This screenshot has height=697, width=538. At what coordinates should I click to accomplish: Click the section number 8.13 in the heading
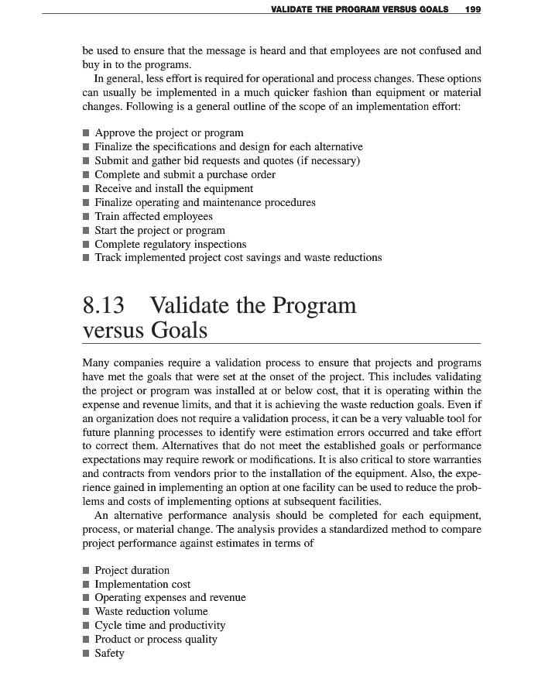(x=104, y=306)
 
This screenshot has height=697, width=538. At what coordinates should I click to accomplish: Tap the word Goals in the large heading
(x=179, y=331)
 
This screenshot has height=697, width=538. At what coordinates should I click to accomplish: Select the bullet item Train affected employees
(x=153, y=216)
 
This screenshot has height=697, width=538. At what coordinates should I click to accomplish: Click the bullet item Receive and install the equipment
(x=173, y=188)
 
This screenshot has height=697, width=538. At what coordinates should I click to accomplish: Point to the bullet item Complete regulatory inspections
(x=170, y=244)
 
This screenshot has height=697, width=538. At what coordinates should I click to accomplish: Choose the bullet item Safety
(x=109, y=653)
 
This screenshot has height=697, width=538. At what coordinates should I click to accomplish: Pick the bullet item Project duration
(x=132, y=570)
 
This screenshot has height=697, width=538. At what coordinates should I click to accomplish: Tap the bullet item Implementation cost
(x=142, y=584)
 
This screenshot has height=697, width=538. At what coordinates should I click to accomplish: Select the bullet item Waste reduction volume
(x=151, y=612)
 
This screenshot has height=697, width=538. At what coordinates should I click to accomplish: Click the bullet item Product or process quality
(x=156, y=639)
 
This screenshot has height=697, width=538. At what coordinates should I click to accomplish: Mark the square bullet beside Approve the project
(x=86, y=133)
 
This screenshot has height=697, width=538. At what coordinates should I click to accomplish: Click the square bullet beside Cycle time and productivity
(x=86, y=626)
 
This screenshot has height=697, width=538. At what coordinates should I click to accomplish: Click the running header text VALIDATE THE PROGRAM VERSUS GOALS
(x=362, y=9)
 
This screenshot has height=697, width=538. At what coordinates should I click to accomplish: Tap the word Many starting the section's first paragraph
(x=97, y=362)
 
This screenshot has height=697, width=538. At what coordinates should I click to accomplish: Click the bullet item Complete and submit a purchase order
(x=185, y=174)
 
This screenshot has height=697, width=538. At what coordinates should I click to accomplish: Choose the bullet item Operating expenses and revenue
(x=170, y=598)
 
